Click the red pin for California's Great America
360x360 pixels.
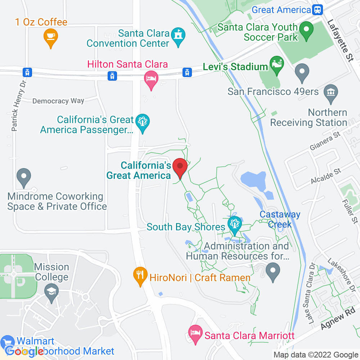(180, 167)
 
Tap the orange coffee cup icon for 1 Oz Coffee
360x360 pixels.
(51, 37)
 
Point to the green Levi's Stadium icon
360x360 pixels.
(277, 65)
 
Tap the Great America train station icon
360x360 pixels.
(318, 10)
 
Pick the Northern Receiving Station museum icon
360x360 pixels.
(330, 94)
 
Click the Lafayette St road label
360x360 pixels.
(340, 40)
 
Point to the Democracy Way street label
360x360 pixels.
(58, 101)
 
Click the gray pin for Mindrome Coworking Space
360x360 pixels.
(24, 177)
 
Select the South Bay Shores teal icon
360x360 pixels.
(235, 225)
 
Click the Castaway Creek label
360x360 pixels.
(280, 219)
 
